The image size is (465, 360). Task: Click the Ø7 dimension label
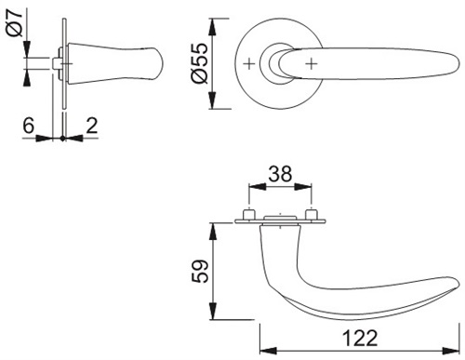(x=15, y=23)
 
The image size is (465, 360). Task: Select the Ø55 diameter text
(x=199, y=63)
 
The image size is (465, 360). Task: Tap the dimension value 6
(x=28, y=126)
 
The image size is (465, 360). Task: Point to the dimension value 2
(x=92, y=126)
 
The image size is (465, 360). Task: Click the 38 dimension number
(x=280, y=174)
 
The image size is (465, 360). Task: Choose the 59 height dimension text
(x=199, y=271)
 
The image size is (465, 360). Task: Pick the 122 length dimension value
(x=360, y=338)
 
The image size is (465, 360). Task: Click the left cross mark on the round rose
(x=249, y=64)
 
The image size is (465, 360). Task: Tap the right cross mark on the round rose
(x=312, y=64)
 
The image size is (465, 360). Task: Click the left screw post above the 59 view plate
(x=249, y=215)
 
